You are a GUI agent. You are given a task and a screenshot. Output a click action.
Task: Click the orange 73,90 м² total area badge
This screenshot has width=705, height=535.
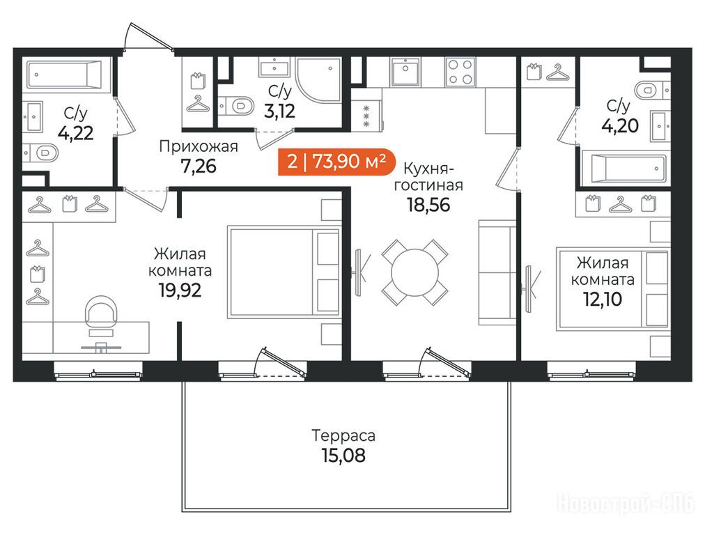[336, 162]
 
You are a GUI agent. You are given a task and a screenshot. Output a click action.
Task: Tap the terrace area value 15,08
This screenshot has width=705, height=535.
[343, 456]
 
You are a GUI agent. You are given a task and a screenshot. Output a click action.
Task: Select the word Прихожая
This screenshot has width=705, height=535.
[199, 146]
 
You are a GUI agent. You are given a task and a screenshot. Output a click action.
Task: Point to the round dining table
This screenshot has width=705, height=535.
[415, 272]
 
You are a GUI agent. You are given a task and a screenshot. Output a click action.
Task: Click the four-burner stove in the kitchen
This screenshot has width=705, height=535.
[460, 72]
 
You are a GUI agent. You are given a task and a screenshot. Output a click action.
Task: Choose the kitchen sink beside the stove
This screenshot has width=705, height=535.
[405, 72]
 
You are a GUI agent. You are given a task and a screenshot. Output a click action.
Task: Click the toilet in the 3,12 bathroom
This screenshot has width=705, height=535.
[237, 106]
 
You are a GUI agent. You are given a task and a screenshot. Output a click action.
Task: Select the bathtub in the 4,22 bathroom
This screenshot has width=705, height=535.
[64, 74]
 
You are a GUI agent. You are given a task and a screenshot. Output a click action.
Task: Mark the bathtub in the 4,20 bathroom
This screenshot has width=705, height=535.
[623, 168]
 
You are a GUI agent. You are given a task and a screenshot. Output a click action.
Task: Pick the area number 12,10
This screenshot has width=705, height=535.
[603, 299]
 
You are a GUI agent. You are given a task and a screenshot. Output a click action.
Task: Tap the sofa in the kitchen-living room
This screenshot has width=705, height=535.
[497, 272]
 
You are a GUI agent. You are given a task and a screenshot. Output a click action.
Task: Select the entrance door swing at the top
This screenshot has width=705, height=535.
[148, 36]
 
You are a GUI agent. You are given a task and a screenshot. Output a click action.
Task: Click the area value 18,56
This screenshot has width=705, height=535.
[428, 205]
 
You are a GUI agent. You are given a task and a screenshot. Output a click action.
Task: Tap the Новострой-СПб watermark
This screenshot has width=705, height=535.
[626, 504]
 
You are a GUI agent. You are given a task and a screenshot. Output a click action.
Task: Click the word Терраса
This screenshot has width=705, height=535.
[343, 435]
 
